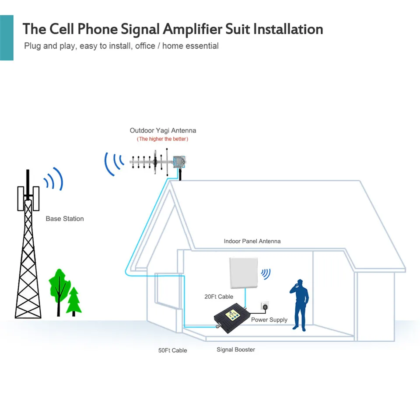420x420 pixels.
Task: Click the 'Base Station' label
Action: coord(65,219)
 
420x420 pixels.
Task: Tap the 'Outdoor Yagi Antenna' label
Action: coord(163,130)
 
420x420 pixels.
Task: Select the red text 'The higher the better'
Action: coord(163,139)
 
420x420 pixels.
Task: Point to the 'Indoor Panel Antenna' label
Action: coord(252,241)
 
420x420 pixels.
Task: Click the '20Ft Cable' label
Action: coord(219,297)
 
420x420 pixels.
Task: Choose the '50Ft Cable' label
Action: coord(172,350)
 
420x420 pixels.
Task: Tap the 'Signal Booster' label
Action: coord(236,350)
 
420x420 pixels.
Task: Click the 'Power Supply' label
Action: coord(269,320)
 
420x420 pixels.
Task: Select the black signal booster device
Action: coord(232,318)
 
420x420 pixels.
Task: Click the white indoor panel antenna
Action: coord(244,273)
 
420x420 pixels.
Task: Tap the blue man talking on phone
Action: coord(300,305)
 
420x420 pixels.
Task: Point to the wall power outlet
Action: coord(265,306)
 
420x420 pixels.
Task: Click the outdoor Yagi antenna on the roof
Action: coord(158,162)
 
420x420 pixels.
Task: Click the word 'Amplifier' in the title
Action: coord(192,29)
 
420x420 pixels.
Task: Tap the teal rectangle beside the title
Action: coord(7,38)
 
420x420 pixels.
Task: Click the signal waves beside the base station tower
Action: coord(54,178)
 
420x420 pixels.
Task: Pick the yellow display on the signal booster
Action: coord(232,315)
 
